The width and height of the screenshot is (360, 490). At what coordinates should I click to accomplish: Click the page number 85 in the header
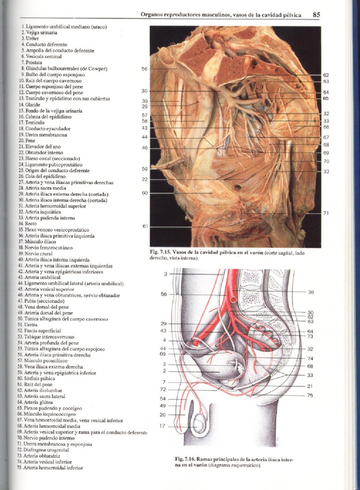coord(316,15)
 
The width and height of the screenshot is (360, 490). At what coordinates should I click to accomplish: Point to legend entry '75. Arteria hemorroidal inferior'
coord(50,468)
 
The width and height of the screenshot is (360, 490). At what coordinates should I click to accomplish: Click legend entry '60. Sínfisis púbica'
coord(37,379)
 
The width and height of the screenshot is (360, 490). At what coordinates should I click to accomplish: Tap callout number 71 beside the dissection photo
coord(326,213)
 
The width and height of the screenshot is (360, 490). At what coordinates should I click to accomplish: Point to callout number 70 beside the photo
coord(326,161)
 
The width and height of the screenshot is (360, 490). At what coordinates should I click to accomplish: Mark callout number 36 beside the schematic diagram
coord(311,292)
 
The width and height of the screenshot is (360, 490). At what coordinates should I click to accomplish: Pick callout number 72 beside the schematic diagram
coord(163,389)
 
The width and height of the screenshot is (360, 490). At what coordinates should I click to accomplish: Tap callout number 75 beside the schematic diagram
coord(310,395)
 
